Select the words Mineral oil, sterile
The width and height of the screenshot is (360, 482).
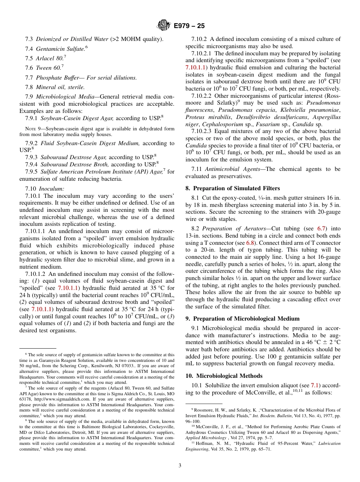pos(60,87)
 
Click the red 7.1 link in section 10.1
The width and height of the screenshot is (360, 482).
pos(315,385)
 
